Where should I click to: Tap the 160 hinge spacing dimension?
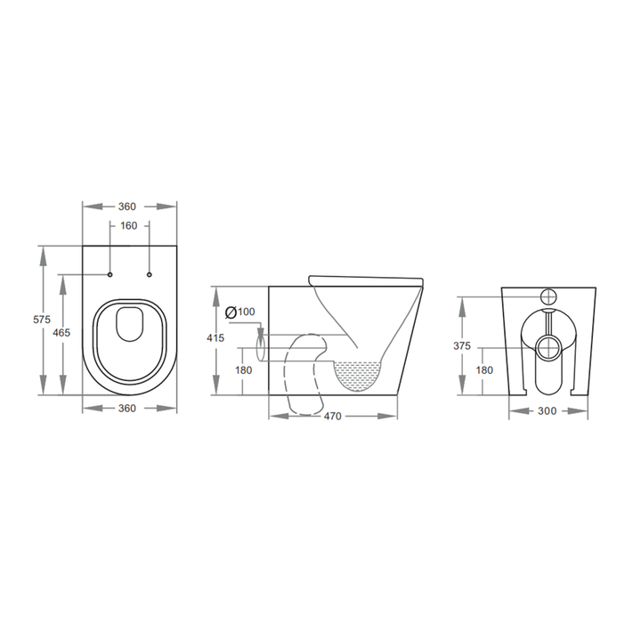click(x=129, y=225)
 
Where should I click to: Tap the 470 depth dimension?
click(x=333, y=416)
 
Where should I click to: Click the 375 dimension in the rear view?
click(x=460, y=346)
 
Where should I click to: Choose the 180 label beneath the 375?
click(x=484, y=370)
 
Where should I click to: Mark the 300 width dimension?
click(x=548, y=411)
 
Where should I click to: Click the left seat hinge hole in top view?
click(x=110, y=273)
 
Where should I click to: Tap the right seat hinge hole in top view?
click(x=149, y=273)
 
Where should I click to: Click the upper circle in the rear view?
click(x=548, y=296)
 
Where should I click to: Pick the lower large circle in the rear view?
click(x=548, y=346)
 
